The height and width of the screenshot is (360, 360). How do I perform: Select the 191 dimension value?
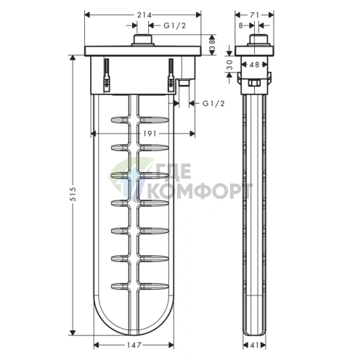[140, 133]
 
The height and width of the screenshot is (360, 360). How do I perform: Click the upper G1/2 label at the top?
[173, 25]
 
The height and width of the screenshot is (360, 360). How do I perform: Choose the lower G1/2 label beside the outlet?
[212, 103]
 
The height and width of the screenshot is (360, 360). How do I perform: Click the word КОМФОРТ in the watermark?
[200, 191]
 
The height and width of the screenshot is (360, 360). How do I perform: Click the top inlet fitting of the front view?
[141, 41]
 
